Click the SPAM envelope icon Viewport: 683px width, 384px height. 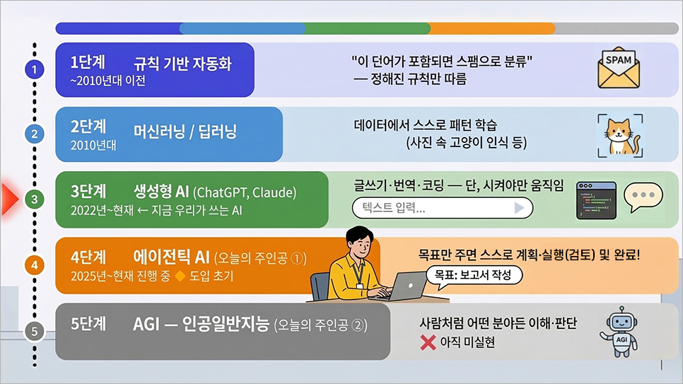[619, 69]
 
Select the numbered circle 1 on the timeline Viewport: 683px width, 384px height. [35, 69]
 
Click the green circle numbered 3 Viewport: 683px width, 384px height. [35, 199]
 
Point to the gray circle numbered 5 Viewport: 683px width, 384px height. [35, 331]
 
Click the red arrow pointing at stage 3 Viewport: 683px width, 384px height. [10, 199]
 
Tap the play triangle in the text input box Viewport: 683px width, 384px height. [519, 207]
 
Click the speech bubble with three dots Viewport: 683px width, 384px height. [643, 197]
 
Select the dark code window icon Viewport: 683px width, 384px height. [596, 201]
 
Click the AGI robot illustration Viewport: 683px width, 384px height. [620, 331]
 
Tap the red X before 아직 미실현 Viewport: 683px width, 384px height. [428, 342]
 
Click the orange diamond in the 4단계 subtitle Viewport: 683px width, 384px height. [180, 276]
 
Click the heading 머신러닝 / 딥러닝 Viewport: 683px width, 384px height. [185, 132]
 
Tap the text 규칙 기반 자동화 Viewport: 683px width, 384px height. [182, 64]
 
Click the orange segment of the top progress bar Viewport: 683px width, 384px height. [492, 28]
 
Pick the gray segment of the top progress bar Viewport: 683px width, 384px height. [617, 28]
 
